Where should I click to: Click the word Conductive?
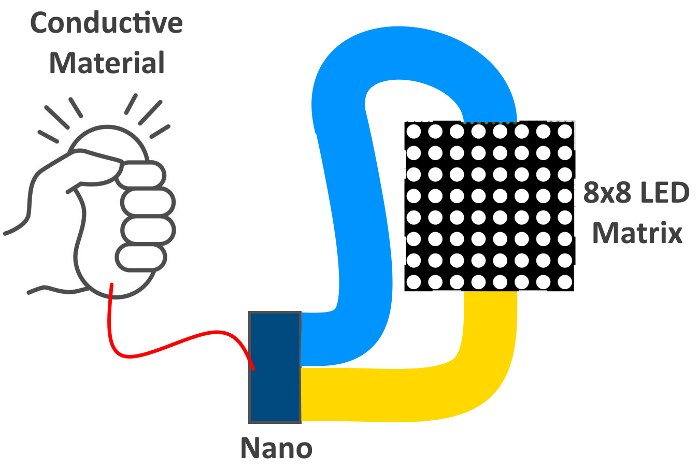106,23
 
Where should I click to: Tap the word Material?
107,63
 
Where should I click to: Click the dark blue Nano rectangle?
275,367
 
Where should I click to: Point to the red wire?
171,345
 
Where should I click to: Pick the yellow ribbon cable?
404,394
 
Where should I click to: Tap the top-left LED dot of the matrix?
414,132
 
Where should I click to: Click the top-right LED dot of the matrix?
565,132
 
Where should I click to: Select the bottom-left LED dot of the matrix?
414,282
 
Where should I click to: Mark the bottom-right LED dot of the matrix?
565,282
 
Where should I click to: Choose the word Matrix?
637,233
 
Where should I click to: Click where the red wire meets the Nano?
253,368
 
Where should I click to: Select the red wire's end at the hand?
111,284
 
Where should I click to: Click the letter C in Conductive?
40,23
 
